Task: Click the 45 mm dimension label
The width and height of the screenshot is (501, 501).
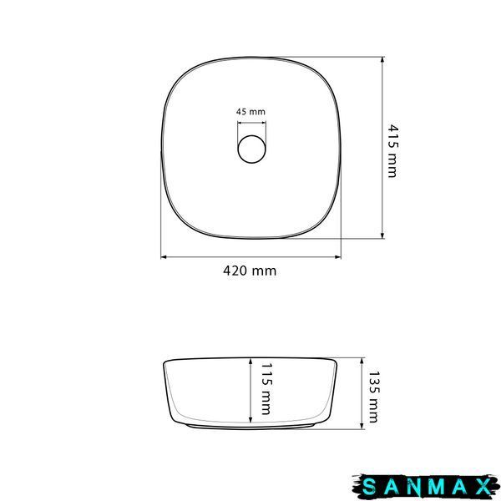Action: [x=250, y=112]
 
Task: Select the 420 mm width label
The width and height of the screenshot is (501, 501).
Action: [x=250, y=271]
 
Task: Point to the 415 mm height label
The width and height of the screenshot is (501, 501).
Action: [x=392, y=151]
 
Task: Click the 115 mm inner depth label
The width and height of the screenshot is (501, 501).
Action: [x=266, y=389]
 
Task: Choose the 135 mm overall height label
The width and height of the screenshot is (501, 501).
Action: [x=373, y=397]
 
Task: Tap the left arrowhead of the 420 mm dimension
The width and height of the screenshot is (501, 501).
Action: [x=164, y=257]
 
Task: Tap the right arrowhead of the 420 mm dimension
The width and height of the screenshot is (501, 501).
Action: [x=337, y=257]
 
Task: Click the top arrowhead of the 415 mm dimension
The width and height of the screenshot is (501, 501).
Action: [x=382, y=60]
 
